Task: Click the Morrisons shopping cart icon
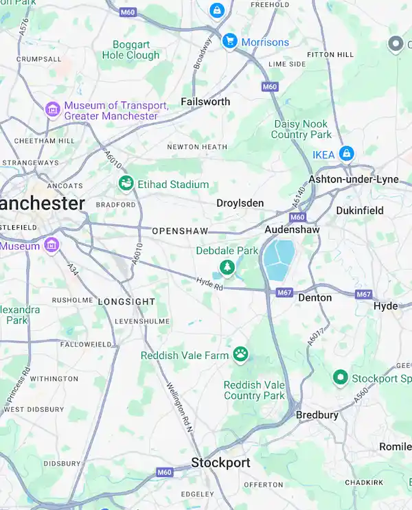[229, 42]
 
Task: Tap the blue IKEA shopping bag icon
[347, 154]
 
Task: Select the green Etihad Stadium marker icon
[126, 184]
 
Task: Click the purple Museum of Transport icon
[52, 110]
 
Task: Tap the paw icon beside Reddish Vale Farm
[240, 354]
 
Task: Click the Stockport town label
[220, 463]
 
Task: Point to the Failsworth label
[205, 102]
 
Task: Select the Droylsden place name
[240, 203]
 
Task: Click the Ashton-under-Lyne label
[353, 179]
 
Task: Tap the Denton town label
[314, 298]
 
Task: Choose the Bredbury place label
[317, 415]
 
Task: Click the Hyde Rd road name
[209, 282]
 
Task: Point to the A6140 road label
[297, 198]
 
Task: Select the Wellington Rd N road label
[181, 406]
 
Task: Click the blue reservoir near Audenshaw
[279, 259]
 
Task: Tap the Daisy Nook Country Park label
[301, 129]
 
